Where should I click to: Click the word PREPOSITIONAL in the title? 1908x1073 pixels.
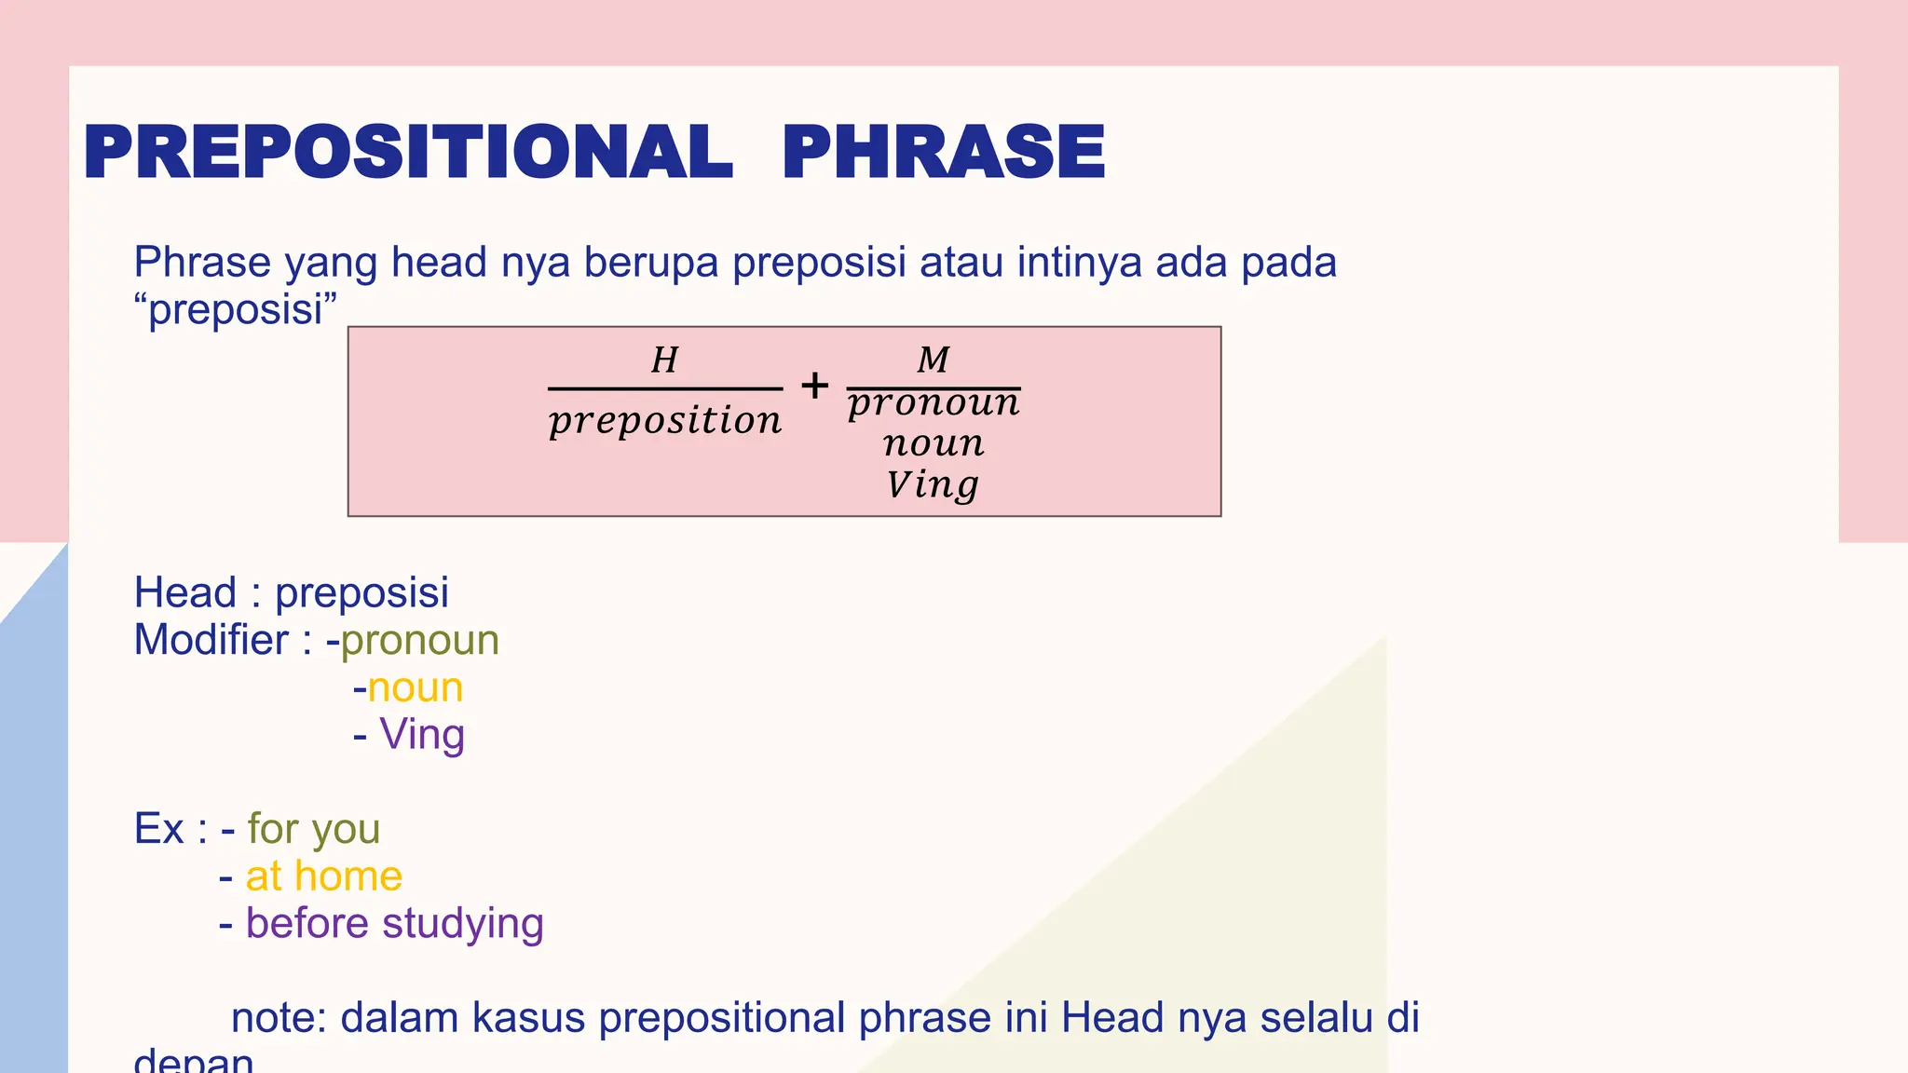408,152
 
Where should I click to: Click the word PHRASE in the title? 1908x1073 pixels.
943,152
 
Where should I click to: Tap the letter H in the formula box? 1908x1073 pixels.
664,360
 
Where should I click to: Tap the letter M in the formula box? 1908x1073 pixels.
933,360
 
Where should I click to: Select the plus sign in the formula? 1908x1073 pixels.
814,386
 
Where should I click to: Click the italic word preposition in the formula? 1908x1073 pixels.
665,421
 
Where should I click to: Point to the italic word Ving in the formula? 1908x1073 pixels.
933,484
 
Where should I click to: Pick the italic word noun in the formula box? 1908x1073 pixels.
934,443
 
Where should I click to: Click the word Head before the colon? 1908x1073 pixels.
185,593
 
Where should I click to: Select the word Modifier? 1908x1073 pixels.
211,641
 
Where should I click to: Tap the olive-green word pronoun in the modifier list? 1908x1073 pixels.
420,641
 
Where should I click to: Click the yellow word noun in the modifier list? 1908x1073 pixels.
416,688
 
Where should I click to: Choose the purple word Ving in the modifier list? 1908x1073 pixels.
422,735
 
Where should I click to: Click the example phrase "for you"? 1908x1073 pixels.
314,829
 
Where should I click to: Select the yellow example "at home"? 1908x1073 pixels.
324,876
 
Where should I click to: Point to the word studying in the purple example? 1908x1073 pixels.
462,924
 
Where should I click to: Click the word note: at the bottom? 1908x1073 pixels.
278,1018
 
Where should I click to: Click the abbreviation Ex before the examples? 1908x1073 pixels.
159,829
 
